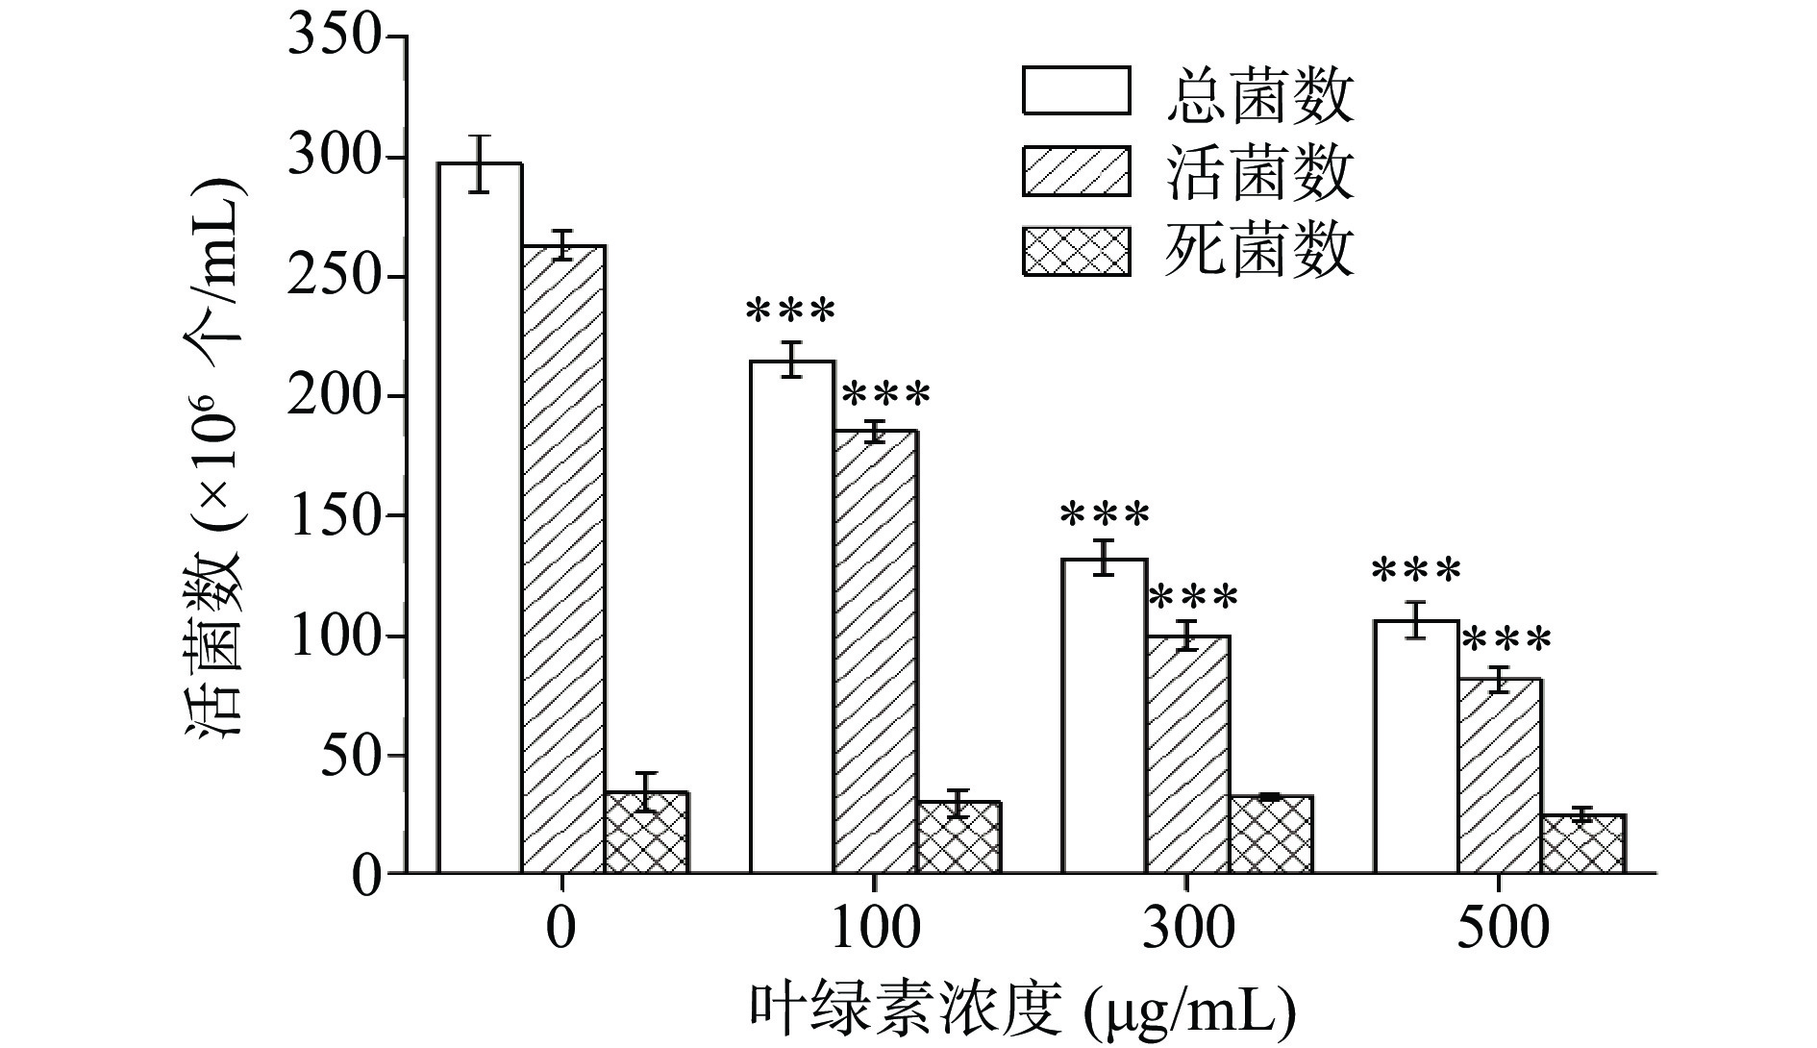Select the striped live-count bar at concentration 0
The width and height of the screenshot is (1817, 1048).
563,559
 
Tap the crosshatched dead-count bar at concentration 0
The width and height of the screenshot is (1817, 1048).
646,833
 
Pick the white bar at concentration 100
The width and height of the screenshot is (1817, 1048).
792,616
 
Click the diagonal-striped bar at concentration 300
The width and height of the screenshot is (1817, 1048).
1188,754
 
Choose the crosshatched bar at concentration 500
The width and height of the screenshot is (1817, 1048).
1582,843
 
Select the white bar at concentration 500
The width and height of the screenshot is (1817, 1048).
1415,746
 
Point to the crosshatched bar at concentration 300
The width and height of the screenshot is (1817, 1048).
1271,835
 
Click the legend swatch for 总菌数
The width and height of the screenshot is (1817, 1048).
1076,91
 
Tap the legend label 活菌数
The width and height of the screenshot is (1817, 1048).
1259,174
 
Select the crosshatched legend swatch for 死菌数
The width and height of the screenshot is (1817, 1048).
1076,251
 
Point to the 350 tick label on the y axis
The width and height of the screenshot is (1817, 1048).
335,38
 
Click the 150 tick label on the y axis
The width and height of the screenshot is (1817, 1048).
335,516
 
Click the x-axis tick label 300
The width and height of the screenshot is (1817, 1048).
1187,929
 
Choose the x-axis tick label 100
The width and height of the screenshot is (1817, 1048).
874,929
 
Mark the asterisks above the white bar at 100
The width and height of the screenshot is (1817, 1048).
791,312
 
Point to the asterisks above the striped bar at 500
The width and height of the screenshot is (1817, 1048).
1506,639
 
